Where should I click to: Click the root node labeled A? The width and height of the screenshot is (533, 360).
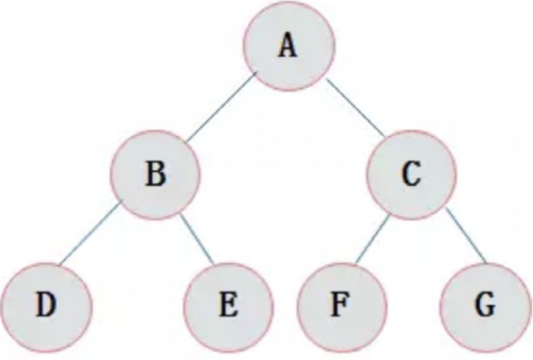coord(289,46)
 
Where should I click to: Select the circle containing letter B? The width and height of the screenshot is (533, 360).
coord(155,175)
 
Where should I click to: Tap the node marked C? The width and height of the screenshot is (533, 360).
coord(412,175)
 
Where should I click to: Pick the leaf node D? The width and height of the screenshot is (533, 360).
coord(46,307)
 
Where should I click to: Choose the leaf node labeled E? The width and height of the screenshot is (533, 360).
coord(228,307)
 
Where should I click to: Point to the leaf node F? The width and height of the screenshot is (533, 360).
coord(342,307)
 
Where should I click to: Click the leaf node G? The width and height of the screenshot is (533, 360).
coord(485,307)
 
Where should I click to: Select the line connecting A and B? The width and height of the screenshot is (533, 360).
coord(221,107)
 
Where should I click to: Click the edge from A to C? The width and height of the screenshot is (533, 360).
coord(356,108)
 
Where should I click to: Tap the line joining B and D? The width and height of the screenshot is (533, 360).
coord(90,234)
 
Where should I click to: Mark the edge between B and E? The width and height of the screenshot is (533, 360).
coord(197,239)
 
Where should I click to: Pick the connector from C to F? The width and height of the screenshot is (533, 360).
coord(372,240)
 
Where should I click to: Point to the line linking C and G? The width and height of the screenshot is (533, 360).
coord(466,235)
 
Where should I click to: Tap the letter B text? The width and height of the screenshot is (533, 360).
coord(156,173)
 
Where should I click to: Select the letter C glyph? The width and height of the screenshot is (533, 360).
coord(411,173)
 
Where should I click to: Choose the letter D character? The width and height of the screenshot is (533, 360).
coord(46,304)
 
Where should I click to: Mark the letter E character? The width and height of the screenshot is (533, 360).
coord(228,304)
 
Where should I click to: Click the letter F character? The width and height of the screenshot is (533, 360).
coord(340,304)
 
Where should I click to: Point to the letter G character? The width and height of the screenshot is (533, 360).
coord(485,304)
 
